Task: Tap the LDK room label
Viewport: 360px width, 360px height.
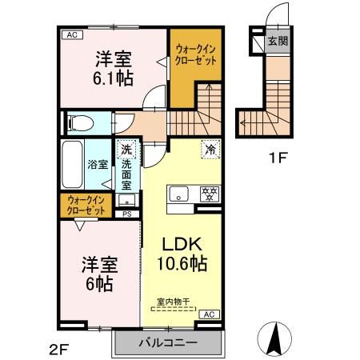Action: (x=181, y=243)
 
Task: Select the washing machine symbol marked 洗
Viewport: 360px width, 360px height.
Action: (x=126, y=149)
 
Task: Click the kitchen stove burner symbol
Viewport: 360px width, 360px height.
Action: (x=210, y=193)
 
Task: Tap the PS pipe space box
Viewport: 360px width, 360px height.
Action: (x=126, y=214)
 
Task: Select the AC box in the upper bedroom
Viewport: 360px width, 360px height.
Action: (x=70, y=34)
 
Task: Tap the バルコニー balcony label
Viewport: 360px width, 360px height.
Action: (x=166, y=343)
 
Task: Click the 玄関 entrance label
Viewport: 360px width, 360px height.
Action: (x=277, y=40)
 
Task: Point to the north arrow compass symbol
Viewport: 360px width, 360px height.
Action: (x=274, y=340)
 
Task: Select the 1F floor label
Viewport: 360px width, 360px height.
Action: (x=277, y=158)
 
